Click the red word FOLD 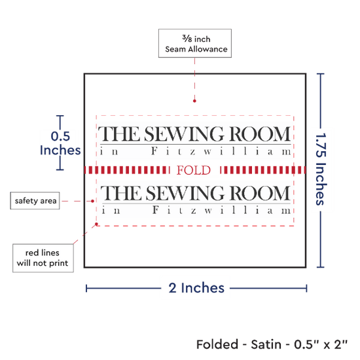point(194,170)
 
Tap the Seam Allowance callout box point(195,43)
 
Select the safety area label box point(35,201)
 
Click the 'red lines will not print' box point(43,258)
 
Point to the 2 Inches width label point(196,288)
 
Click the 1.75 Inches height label point(321,169)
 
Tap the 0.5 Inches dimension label point(60,143)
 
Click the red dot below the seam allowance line point(194,101)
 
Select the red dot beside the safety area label point(92,201)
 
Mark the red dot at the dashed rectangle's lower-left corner point(96,224)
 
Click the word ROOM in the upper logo point(260,134)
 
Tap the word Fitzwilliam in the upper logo point(221,151)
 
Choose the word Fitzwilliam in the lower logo point(222,210)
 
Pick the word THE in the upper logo point(118,134)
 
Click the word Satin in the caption point(266,344)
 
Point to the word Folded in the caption point(217,344)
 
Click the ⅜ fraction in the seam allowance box point(187,39)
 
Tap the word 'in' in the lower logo point(111,210)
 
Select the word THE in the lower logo point(121,193)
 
